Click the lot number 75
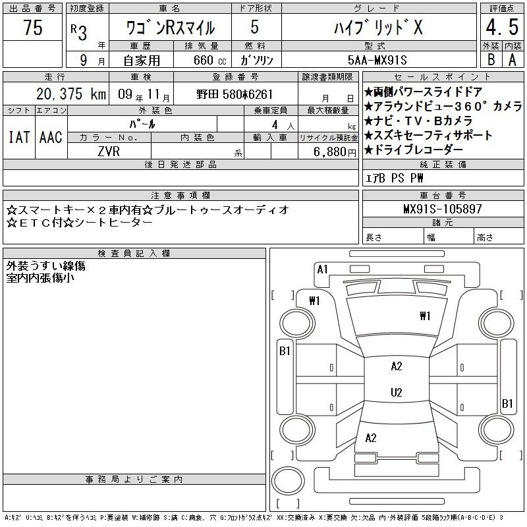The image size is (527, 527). point(33,27)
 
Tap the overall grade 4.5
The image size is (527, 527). point(502,27)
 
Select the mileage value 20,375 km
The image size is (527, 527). point(71,94)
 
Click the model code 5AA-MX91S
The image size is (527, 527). point(377,60)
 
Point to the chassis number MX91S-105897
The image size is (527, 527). point(443,209)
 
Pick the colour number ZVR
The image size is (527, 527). point(109,152)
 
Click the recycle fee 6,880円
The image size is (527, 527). point(335,152)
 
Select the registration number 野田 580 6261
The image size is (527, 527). point(235,94)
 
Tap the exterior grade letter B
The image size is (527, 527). point(491,60)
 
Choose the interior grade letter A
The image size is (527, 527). point(513,60)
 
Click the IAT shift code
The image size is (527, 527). point(19,137)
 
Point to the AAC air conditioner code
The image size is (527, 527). point(51,137)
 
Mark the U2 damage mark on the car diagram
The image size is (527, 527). point(397,392)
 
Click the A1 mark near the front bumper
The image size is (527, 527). point(322,269)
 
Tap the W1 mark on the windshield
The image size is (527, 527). point(425,316)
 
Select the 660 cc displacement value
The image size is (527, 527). point(209,61)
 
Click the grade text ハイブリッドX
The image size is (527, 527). point(378,28)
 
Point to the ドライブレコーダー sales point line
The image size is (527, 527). point(414,150)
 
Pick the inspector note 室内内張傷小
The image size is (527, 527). point(40,278)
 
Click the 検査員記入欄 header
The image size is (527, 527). point(134,253)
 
